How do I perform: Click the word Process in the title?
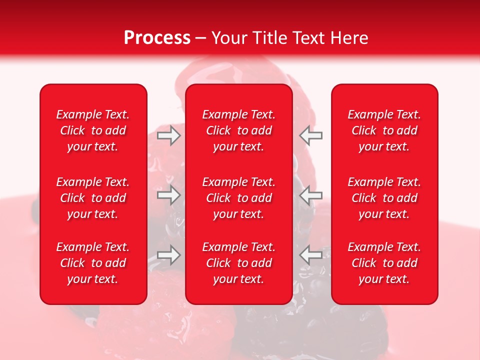pyautogui.click(x=157, y=38)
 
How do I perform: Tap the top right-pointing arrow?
pyautogui.click(x=169, y=135)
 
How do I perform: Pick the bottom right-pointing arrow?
pyautogui.click(x=169, y=254)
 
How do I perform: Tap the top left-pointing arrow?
pyautogui.click(x=311, y=135)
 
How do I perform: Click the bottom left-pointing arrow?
pyautogui.click(x=311, y=254)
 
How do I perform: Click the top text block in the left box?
pyautogui.click(x=93, y=130)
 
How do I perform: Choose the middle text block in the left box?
pyautogui.click(x=93, y=198)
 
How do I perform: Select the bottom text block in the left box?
pyautogui.click(x=93, y=263)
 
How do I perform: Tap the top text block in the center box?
pyautogui.click(x=239, y=130)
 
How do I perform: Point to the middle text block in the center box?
pyautogui.click(x=239, y=198)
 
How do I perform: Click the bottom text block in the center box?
pyautogui.click(x=239, y=263)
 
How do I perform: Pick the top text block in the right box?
pyautogui.click(x=384, y=130)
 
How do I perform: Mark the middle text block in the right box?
pyautogui.click(x=384, y=198)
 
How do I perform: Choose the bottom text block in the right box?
pyautogui.click(x=384, y=263)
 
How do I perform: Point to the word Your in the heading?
pyautogui.click(x=228, y=38)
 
